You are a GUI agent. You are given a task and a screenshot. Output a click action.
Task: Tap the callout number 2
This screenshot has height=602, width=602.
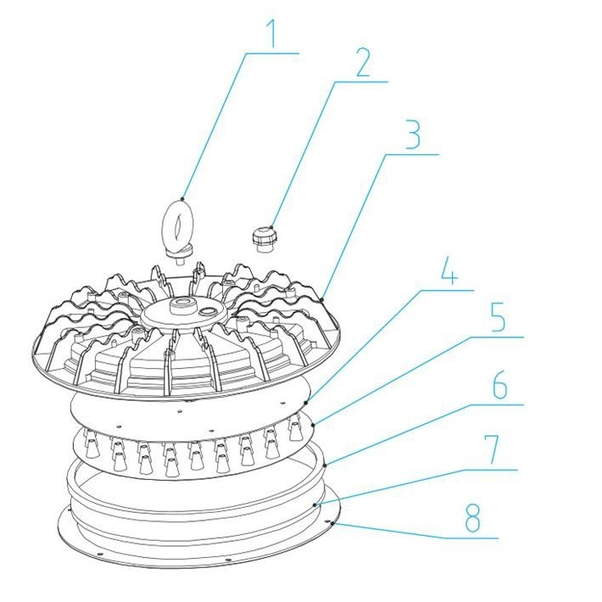(363, 63)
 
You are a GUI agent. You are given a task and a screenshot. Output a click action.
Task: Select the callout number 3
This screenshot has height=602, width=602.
(413, 134)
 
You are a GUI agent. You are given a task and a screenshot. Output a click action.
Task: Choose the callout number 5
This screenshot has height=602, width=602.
(499, 317)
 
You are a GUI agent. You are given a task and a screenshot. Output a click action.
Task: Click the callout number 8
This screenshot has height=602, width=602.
(472, 517)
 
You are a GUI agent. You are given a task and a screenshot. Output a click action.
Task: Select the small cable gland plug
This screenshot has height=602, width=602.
(264, 240)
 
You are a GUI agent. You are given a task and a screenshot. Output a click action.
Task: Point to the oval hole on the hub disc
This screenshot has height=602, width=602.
(209, 310)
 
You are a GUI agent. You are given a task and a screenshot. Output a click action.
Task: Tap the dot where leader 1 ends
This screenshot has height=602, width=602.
(183, 198)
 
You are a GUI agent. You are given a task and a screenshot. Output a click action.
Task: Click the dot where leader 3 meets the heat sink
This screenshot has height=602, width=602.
(323, 298)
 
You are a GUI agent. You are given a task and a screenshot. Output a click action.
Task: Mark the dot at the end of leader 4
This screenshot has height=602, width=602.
(305, 402)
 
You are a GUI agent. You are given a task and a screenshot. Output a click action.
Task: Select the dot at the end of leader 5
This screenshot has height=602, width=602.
(314, 424)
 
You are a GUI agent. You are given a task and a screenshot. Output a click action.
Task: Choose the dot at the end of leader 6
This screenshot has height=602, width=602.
(325, 465)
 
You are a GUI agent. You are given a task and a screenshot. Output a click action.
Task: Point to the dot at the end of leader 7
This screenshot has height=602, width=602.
(315, 504)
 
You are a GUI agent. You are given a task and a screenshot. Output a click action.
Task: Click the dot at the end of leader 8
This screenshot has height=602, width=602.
(332, 522)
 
